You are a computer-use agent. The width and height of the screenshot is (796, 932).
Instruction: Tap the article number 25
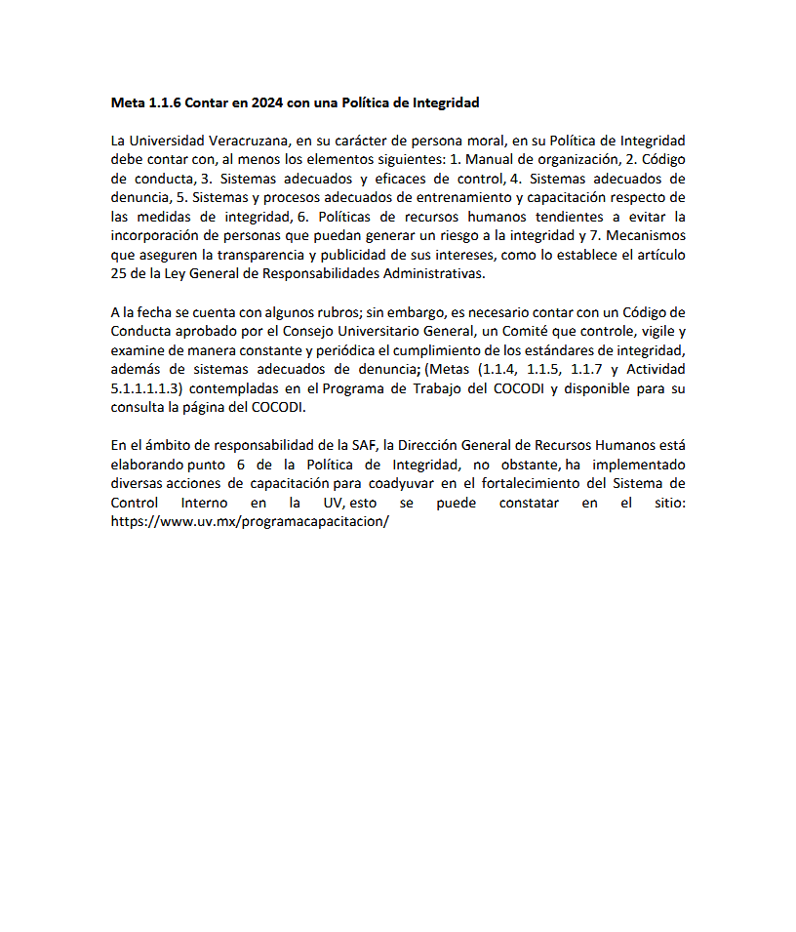[120, 274]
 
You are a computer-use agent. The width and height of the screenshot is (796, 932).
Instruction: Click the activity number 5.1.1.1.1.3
[147, 388]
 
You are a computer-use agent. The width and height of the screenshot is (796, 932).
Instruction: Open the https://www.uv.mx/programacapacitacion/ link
[251, 522]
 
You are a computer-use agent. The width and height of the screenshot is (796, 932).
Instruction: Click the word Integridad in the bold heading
[447, 102]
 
